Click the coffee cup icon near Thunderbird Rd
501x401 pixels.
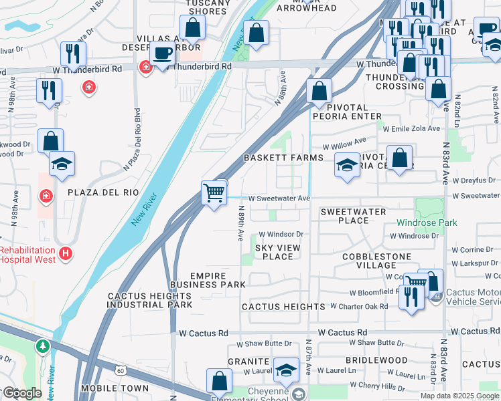pyautogui.click(x=161, y=53)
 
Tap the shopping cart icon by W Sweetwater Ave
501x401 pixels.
pyautogui.click(x=214, y=192)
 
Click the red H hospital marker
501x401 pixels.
pyautogui.click(x=66, y=253)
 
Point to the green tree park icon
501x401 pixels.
pyautogui.click(x=43, y=346)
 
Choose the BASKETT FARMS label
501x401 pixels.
pyautogui.click(x=283, y=158)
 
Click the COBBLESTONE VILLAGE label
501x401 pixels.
pyautogui.click(x=374, y=261)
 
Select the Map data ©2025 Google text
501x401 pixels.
pyautogui.click(x=459, y=396)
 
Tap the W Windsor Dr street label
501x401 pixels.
pyautogui.click(x=281, y=235)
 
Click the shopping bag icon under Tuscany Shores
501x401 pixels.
pyautogui.click(x=192, y=28)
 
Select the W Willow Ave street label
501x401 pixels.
pyautogui.click(x=344, y=143)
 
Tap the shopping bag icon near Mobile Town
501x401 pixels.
pyautogui.click(x=219, y=381)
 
